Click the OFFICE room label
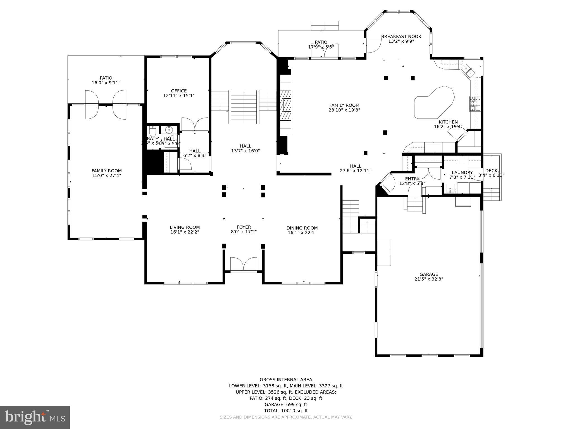[179, 91]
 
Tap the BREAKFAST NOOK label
[401, 37]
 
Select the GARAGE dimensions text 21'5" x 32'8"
[429, 279]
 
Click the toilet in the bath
[152, 130]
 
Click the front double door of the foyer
[243, 264]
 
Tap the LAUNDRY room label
[462, 173]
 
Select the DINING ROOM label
[302, 228]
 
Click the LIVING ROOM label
[185, 227]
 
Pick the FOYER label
[244, 227]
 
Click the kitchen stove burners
[475, 104]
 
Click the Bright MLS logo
[35, 418]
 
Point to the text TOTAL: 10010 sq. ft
[286, 411]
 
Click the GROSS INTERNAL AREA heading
[286, 380]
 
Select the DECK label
[491, 171]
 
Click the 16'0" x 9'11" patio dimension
[106, 83]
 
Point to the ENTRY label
[412, 179]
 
